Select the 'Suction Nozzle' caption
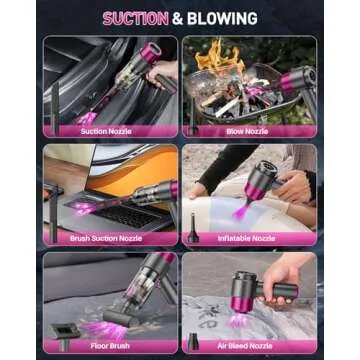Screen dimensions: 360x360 tap(106, 130)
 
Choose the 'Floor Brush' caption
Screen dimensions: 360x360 tap(112, 346)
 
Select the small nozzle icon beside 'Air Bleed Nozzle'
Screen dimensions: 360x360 tap(192, 340)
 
